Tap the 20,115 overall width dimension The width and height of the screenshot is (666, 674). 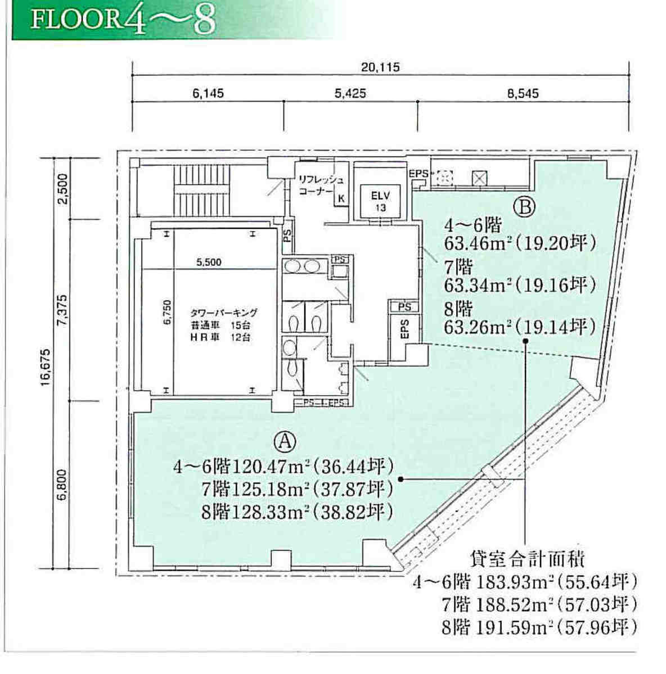(x=380, y=67)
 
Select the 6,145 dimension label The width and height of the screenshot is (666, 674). (x=208, y=93)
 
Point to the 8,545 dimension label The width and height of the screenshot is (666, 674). (x=523, y=93)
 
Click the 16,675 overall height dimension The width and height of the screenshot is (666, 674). (x=46, y=367)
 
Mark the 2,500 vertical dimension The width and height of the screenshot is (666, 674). (x=63, y=189)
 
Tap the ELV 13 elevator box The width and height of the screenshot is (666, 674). (x=381, y=202)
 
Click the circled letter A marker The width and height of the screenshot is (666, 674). (x=285, y=441)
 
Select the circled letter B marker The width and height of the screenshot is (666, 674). (x=524, y=207)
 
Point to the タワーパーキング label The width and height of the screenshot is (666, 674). (x=224, y=313)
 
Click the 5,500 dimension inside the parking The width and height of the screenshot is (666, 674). (x=209, y=262)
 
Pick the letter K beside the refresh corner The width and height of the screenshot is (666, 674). (x=341, y=198)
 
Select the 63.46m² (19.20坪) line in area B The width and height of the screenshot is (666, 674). (x=520, y=243)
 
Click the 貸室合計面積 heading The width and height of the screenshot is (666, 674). (x=527, y=560)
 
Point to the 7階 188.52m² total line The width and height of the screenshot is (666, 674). (x=539, y=605)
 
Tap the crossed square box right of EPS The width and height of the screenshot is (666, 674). (x=479, y=178)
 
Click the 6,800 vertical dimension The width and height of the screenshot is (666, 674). (x=63, y=485)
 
